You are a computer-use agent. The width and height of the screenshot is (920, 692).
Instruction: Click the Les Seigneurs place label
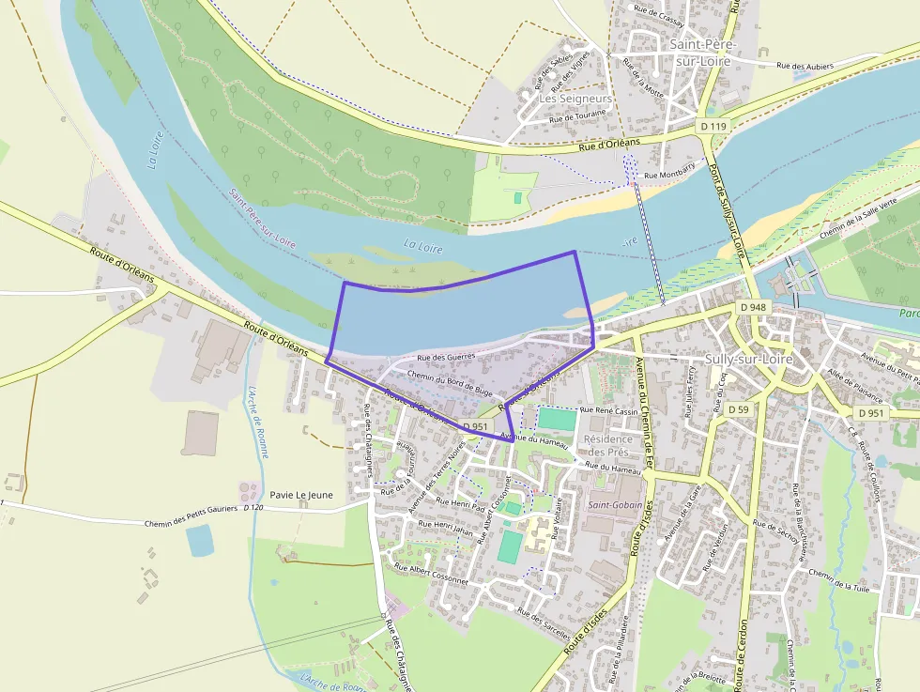(575, 98)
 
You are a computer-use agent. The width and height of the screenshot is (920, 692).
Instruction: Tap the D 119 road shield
(713, 126)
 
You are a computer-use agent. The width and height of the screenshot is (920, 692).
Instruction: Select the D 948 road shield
(753, 307)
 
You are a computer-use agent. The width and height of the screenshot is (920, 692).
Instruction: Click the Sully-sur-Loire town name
(748, 359)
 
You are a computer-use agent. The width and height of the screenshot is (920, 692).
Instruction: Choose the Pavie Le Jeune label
(300, 494)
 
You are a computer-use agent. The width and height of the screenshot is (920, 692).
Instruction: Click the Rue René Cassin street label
(609, 410)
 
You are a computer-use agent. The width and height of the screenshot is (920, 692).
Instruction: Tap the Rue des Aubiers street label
(805, 65)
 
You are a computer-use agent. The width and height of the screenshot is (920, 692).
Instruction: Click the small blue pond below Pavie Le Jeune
(199, 540)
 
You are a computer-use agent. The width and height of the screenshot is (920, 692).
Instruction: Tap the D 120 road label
(252, 508)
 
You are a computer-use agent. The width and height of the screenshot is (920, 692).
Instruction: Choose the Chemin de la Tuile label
(839, 581)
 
